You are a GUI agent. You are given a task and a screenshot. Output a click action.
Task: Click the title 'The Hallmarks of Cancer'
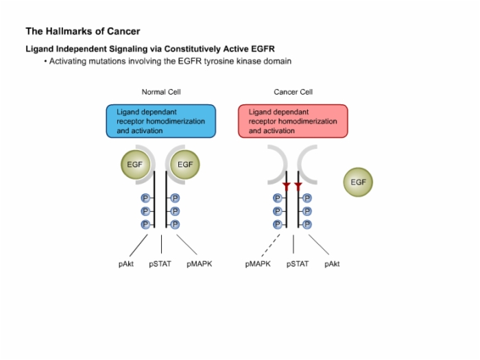[83, 32]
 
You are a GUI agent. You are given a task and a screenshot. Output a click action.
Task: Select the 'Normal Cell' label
[161, 92]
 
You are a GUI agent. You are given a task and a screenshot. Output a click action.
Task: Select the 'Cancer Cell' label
[293, 92]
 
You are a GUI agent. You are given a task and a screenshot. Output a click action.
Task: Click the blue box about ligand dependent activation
[161, 121]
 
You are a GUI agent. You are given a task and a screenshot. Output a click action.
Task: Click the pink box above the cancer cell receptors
[293, 121]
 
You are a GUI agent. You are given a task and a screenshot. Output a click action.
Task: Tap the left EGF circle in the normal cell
[135, 165]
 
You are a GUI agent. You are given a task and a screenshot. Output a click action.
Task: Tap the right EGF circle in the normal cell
[185, 165]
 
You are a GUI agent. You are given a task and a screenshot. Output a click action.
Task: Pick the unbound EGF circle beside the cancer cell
[358, 182]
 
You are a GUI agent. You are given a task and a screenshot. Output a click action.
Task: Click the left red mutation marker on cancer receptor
[287, 187]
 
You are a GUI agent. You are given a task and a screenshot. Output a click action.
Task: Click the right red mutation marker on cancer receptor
[298, 187]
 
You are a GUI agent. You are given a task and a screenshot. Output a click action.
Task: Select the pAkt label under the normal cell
[126, 264]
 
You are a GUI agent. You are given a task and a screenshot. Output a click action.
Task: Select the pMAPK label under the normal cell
[200, 264]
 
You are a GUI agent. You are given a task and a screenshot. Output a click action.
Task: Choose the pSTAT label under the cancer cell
[298, 264]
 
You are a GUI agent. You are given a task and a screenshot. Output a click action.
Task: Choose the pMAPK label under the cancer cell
[258, 264]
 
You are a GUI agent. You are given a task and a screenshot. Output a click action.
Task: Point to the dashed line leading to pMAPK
[271, 245]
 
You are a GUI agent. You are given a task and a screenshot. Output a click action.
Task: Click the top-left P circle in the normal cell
[145, 198]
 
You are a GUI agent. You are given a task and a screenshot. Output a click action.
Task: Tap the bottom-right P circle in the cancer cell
[307, 225]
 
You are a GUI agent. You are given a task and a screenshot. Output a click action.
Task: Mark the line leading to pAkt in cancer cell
[319, 245]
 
